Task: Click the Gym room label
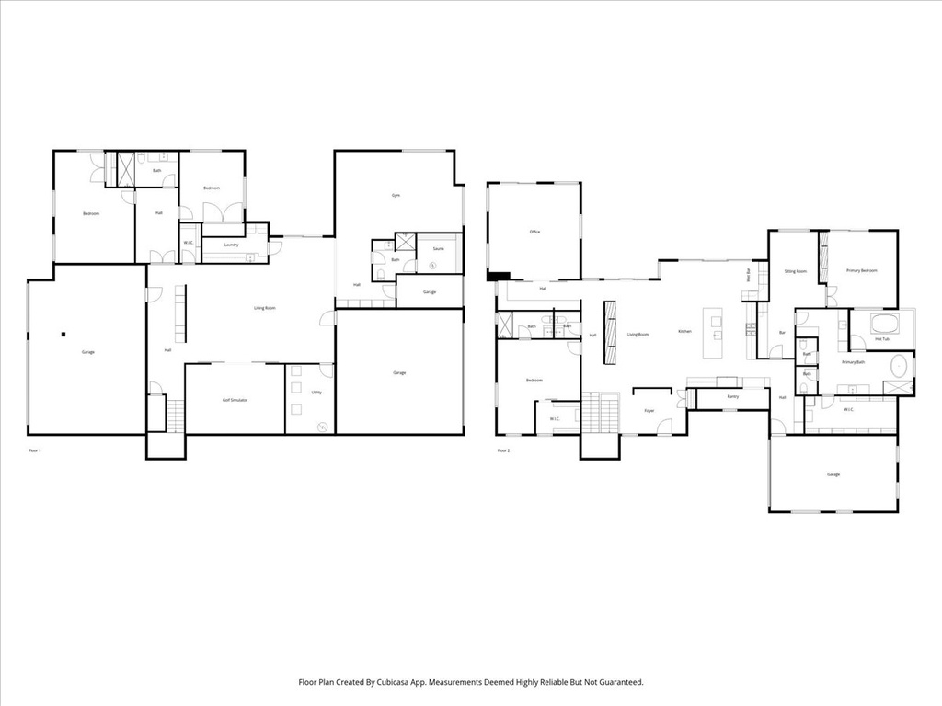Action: [x=396, y=196]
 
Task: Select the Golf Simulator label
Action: [x=234, y=400]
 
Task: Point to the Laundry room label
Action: [x=232, y=245]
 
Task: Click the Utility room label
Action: [x=316, y=393]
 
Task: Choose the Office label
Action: [x=534, y=232]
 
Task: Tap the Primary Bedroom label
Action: [x=862, y=270]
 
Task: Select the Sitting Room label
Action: [x=796, y=271]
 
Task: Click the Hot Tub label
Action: [x=881, y=339]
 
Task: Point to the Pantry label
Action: [x=732, y=396]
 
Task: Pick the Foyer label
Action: [x=649, y=411]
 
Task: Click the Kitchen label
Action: [x=684, y=331]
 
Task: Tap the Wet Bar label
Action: [x=749, y=274]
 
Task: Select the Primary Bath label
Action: [x=854, y=362]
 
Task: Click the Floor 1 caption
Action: [x=35, y=450]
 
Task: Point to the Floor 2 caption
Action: [x=503, y=450]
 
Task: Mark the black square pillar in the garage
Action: [x=63, y=334]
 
